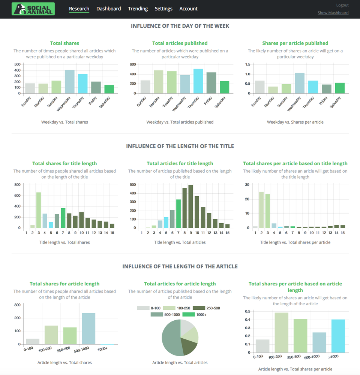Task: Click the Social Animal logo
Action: (33, 9)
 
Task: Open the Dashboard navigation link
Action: (108, 9)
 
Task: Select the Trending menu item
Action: (138, 9)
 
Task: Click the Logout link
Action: (342, 5)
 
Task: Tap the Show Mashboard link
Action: (333, 13)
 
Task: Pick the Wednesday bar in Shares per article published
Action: (300, 83)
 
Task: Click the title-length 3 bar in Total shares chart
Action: (39, 210)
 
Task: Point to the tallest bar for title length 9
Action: (190, 206)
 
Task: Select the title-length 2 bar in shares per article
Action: (261, 210)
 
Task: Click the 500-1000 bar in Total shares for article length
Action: (88, 329)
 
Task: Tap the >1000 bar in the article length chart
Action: (337, 336)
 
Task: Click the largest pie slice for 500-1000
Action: (171, 337)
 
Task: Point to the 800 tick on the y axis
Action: (17, 185)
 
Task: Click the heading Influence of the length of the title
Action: (180, 146)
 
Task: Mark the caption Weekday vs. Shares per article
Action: (295, 122)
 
